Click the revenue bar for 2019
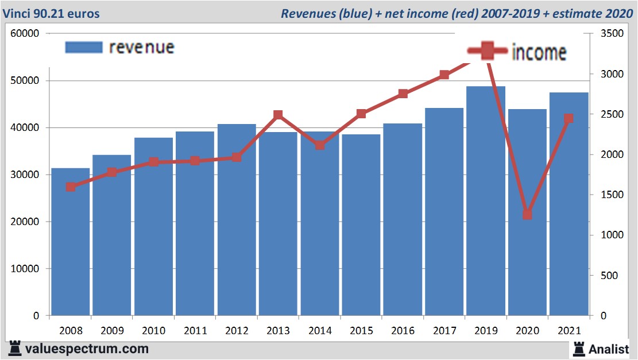(x=486, y=201)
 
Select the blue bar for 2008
(x=71, y=242)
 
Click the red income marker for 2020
(x=527, y=214)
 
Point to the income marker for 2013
(x=278, y=115)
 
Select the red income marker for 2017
(x=444, y=75)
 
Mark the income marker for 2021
(x=569, y=119)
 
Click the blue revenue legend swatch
(x=84, y=47)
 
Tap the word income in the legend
(x=539, y=53)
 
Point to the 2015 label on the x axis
(x=361, y=331)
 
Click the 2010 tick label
(x=153, y=331)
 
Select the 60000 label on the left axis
(x=25, y=33)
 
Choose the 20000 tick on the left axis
(x=25, y=222)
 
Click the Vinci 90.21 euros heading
(x=51, y=13)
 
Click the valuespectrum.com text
(x=87, y=349)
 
